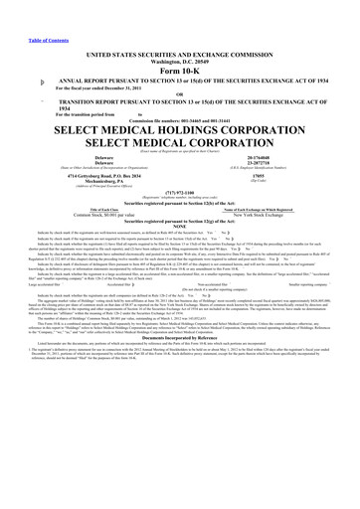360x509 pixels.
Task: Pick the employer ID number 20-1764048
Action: (282, 157)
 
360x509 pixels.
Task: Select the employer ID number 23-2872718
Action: (282, 163)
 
